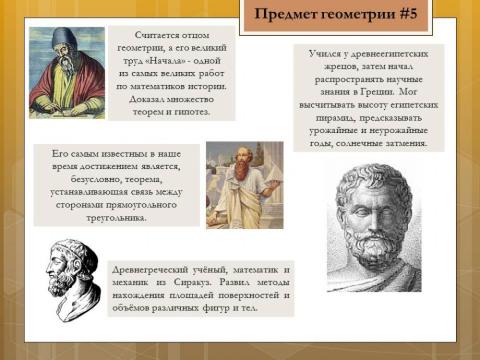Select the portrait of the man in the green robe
66,72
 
